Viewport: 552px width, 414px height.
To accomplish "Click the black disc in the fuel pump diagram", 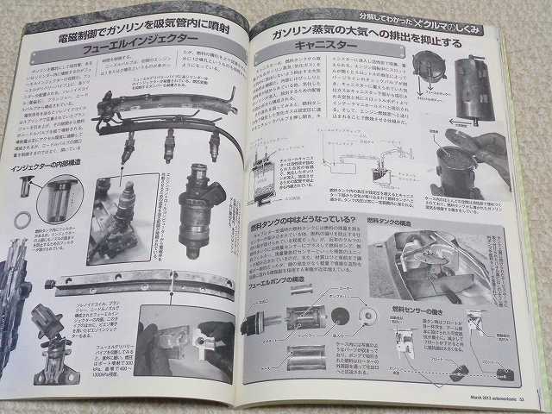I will (x=339, y=316).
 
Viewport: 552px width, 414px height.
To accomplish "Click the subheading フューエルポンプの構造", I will (x=284, y=282).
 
